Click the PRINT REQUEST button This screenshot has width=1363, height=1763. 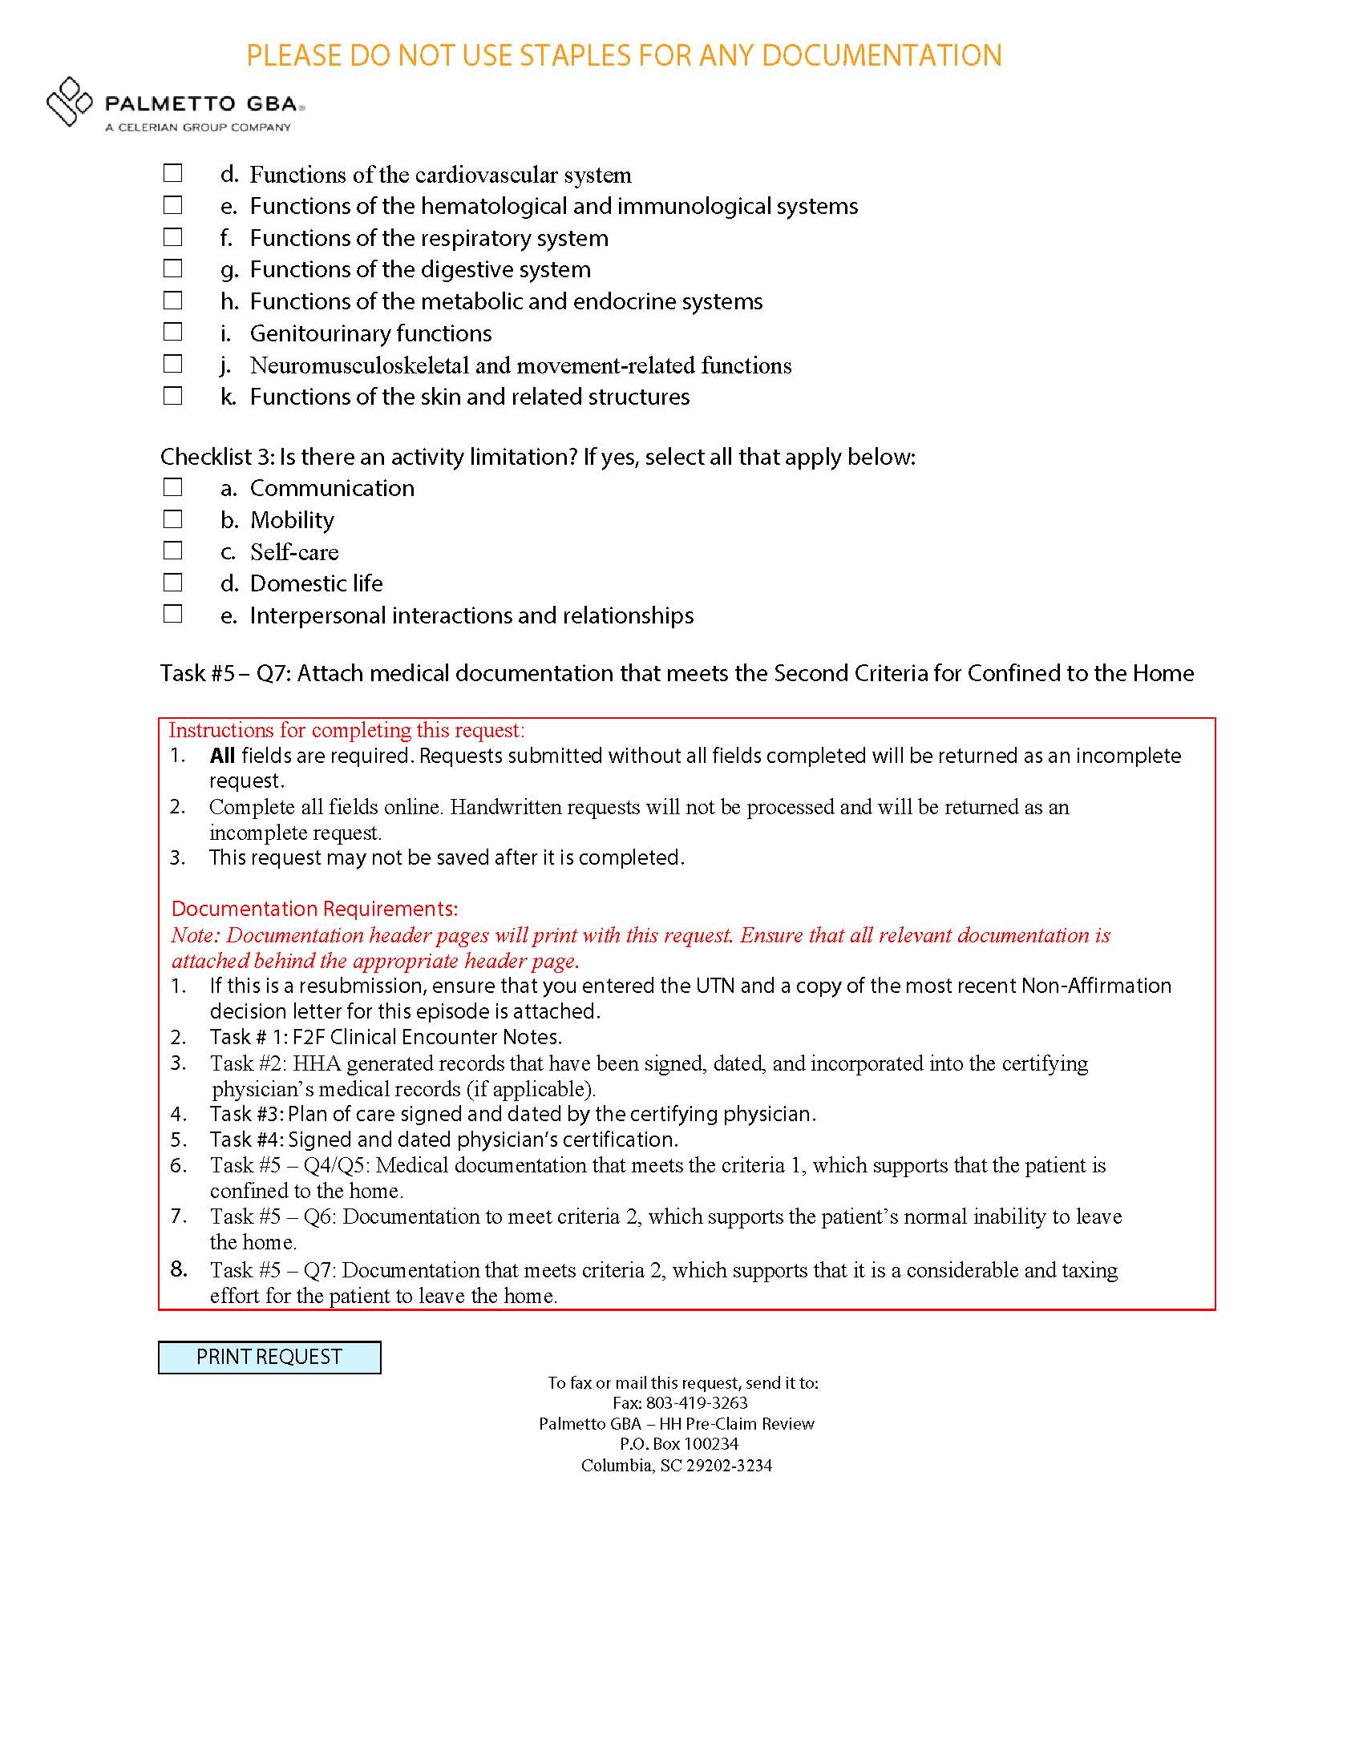(269, 1357)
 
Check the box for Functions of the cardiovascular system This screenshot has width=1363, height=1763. (173, 174)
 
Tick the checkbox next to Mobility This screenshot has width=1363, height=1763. (173, 519)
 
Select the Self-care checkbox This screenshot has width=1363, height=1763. (173, 551)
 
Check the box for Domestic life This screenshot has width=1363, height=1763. (173, 583)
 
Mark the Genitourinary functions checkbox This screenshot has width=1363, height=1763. (173, 332)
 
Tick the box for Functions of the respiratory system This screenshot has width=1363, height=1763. (173, 237)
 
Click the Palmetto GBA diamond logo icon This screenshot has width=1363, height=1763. (70, 102)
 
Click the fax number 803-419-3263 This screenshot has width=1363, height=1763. (697, 1403)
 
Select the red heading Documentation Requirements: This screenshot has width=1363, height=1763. (314, 909)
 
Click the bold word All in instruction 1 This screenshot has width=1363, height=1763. (222, 756)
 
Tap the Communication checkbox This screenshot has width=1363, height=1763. (173, 487)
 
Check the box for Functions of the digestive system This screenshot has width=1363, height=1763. (173, 268)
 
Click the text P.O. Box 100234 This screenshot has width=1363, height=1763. (678, 1444)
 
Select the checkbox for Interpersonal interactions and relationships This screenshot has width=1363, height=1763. (173, 615)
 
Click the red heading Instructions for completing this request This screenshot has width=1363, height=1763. (346, 731)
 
